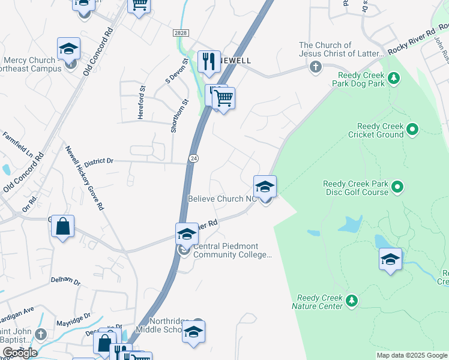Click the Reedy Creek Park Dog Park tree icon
[394, 78]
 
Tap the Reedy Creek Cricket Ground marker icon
[412, 129]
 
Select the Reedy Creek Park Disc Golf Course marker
[397, 188]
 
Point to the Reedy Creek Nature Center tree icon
[352, 299]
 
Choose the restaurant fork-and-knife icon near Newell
[208, 61]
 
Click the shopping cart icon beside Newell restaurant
[224, 98]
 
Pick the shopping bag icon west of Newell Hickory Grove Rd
[62, 227]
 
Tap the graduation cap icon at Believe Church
[265, 188]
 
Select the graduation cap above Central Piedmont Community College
[187, 235]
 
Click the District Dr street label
[99, 162]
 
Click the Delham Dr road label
[65, 280]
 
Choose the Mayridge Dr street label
[75, 316]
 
